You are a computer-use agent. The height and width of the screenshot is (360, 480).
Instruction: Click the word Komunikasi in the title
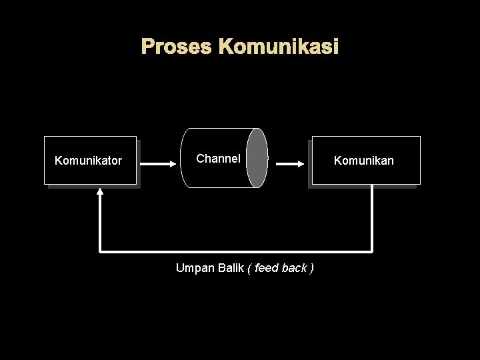[279, 47]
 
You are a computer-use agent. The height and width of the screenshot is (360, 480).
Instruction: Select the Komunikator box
[90, 160]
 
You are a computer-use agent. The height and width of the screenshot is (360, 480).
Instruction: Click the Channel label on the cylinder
[218, 159]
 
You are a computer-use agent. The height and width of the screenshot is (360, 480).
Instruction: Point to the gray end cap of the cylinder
[257, 158]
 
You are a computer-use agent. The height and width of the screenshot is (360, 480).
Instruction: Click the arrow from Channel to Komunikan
[291, 163]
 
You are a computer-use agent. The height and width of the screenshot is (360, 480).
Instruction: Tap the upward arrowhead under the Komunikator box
[100, 191]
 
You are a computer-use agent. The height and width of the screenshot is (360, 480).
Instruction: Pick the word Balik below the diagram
[231, 268]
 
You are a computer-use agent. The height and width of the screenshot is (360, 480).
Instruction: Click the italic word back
[294, 268]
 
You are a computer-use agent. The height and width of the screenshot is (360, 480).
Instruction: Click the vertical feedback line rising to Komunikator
[100, 223]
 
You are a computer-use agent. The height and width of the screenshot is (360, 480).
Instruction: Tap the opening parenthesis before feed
[249, 268]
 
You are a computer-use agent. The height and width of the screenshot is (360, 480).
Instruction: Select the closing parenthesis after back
[312, 268]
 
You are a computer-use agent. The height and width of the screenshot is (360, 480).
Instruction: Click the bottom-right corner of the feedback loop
[372, 252]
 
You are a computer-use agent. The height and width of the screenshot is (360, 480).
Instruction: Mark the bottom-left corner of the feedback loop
[100, 252]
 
